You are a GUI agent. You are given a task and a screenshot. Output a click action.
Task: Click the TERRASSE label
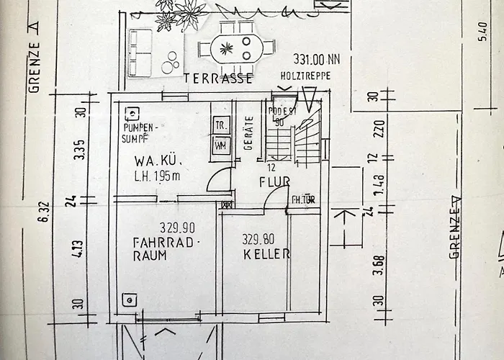coord(217,78)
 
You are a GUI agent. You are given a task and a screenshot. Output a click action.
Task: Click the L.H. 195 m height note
coord(156,176)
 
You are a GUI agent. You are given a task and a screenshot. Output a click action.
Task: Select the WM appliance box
coord(221,144)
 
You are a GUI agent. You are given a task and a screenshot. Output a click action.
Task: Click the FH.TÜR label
coord(304,199)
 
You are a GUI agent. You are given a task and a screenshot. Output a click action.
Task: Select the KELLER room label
coord(266,253)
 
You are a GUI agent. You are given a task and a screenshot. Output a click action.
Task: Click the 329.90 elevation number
coord(179,227)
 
